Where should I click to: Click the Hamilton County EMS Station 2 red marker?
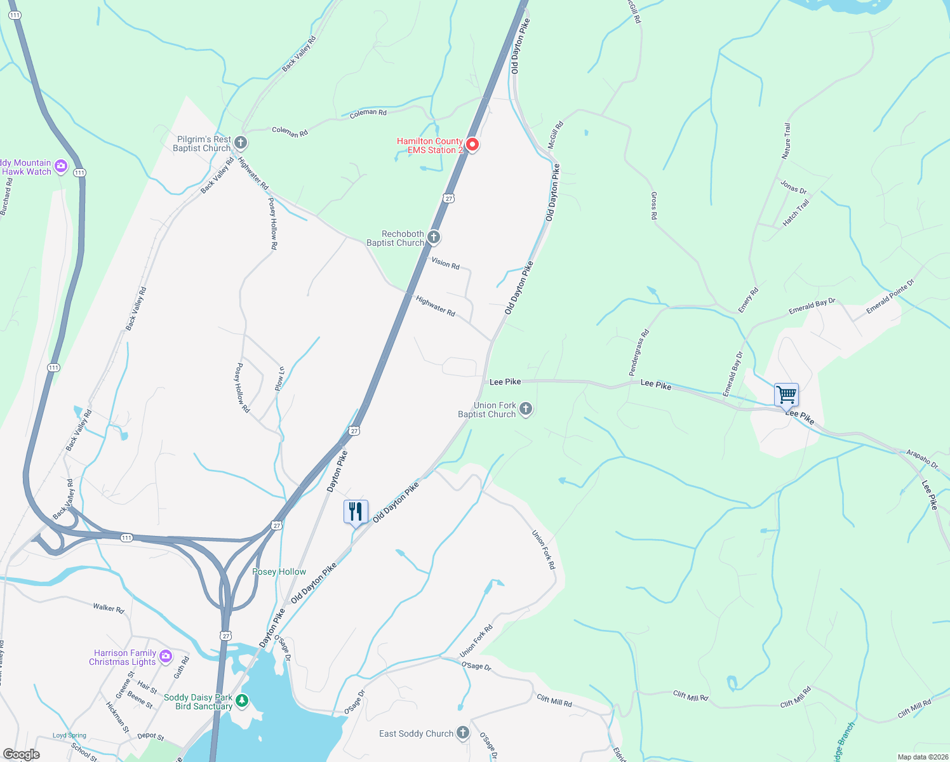[472, 145]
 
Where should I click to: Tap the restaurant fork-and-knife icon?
[356, 512]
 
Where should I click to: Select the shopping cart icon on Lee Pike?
[786, 395]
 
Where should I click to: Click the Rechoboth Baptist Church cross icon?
[434, 237]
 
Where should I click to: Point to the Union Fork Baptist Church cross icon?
[526, 409]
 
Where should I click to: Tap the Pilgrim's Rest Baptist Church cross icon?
[241, 142]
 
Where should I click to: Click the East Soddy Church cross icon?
[463, 733]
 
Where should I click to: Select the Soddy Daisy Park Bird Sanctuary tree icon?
[241, 701]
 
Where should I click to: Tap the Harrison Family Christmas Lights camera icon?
[166, 656]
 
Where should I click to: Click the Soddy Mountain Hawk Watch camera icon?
[61, 166]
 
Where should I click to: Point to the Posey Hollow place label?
[279, 571]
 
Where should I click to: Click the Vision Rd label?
[445, 263]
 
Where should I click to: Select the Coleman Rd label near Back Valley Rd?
[290, 131]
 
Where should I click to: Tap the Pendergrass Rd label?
[639, 352]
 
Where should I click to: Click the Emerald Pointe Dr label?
[890, 297]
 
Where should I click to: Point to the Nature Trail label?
[787, 141]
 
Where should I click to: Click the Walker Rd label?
[109, 608]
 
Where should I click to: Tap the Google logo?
[22, 754]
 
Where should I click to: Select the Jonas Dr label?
[793, 187]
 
